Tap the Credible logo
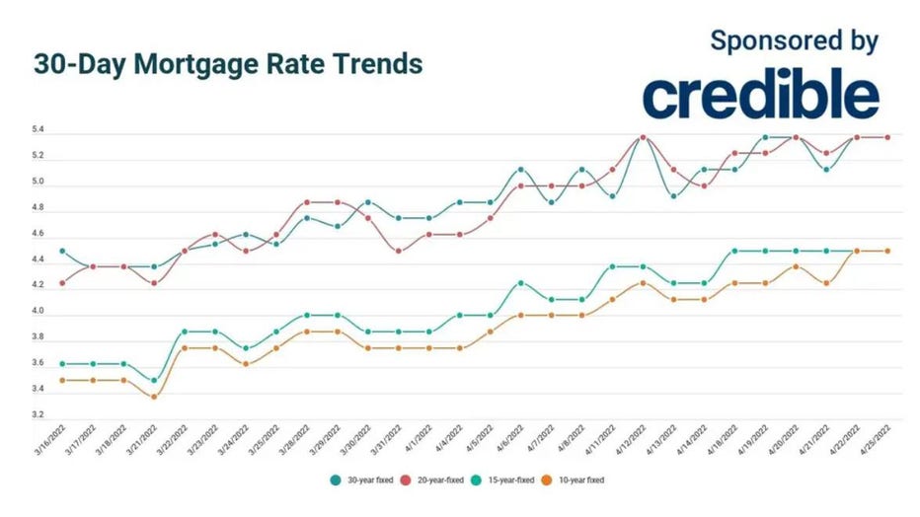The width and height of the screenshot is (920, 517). [x=761, y=95]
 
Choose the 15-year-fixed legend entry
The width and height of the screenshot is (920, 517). [x=507, y=480]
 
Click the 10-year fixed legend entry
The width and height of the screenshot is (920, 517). [x=577, y=480]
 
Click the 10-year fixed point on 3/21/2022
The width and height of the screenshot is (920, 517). [x=153, y=397]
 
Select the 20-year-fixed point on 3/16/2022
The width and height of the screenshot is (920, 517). [x=63, y=283]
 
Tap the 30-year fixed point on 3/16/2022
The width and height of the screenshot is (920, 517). [x=63, y=251]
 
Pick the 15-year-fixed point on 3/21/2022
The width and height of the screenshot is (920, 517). [x=153, y=380]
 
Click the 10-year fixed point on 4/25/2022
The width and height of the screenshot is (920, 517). [x=887, y=251]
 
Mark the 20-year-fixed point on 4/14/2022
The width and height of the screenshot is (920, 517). [x=704, y=185]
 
